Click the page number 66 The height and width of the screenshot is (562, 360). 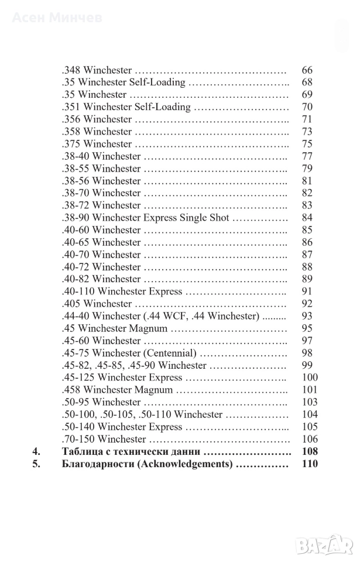(x=307, y=70)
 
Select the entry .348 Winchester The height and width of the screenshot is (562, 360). (x=97, y=70)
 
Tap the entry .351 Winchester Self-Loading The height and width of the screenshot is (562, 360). (x=126, y=107)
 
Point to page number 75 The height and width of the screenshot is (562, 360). (x=307, y=144)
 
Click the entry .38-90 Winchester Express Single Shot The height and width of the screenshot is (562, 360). (x=145, y=218)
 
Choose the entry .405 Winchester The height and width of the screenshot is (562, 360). (x=97, y=304)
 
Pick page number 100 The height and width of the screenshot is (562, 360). (x=309, y=378)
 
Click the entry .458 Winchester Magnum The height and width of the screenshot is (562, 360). (x=118, y=390)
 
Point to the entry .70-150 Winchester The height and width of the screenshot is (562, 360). (x=104, y=439)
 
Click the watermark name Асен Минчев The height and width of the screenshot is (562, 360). (x=57, y=18)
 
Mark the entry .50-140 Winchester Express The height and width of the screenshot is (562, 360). (x=122, y=427)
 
